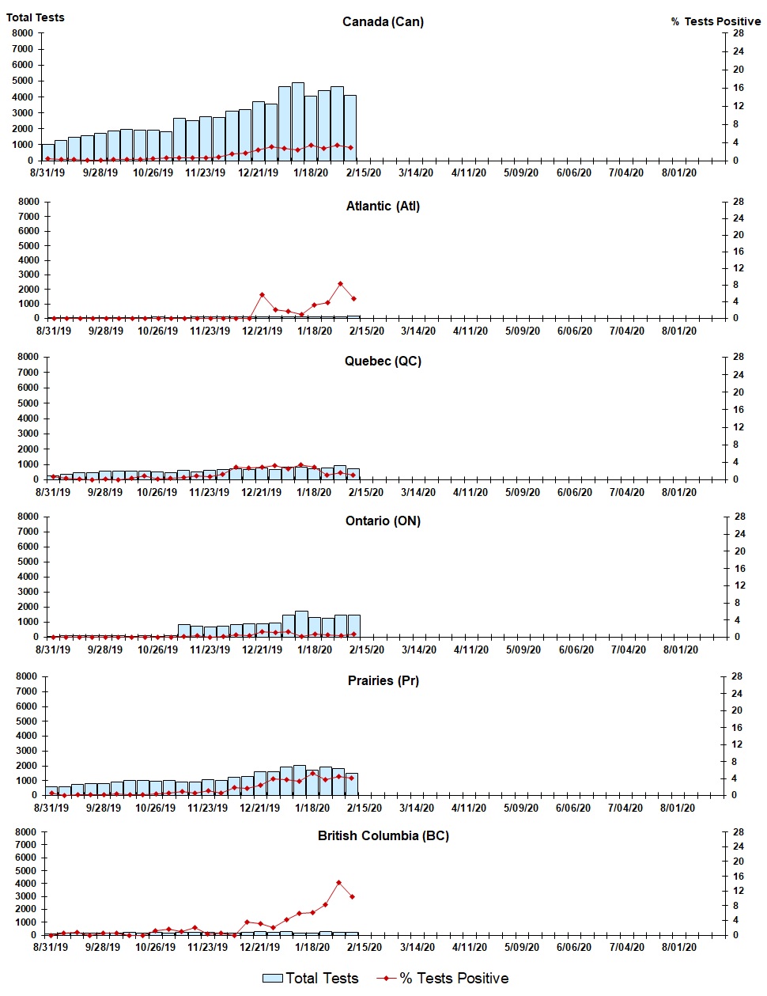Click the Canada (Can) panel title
point(383,21)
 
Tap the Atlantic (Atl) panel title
point(383,206)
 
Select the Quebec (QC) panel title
point(383,361)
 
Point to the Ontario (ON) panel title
point(383,521)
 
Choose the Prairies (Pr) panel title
point(383,680)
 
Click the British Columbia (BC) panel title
point(383,835)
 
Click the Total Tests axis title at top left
point(36,17)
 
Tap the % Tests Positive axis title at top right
point(716,21)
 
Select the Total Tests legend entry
point(311,979)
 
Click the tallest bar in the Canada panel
point(298,121)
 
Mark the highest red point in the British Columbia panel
point(339,882)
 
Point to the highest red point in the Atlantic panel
point(341,283)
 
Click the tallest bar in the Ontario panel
point(301,623)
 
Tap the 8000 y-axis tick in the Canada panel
point(23,33)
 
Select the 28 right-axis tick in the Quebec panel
point(738,357)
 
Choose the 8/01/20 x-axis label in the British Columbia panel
point(677,947)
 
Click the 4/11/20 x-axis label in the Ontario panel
point(471,649)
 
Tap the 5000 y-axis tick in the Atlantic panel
point(28,245)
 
